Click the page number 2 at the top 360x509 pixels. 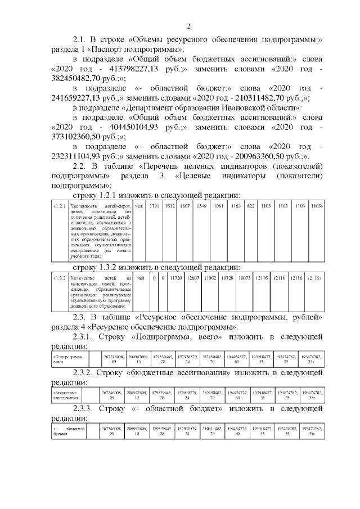click(189, 26)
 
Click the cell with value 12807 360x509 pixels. click(193, 278)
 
